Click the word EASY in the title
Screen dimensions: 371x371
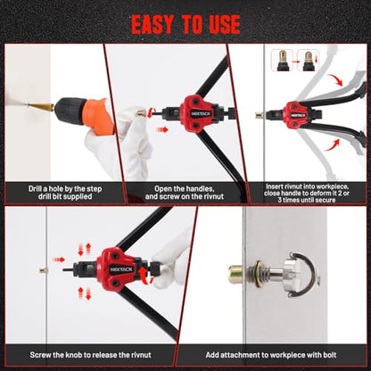153,24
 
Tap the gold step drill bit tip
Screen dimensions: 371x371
40,107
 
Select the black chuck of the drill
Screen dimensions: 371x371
68,109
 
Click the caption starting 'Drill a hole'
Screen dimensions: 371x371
65,193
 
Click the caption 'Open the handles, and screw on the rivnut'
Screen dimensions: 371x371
185,193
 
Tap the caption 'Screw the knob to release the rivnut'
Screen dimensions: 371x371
90,355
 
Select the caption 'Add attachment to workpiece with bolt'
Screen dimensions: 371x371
271,355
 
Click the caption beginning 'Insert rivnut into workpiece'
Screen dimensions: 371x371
307,194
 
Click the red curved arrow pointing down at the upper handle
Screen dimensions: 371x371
335,79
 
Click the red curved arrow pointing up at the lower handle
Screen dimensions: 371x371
331,145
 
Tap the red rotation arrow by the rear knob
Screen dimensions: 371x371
147,275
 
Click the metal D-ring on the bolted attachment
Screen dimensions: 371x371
309,275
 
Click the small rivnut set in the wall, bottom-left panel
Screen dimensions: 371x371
43,270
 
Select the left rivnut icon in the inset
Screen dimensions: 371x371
283,61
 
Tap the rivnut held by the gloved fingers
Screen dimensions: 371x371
140,113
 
